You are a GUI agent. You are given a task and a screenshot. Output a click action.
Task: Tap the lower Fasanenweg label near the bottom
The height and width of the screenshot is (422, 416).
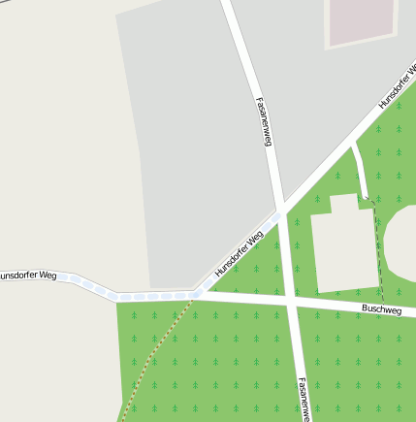[x=303, y=398]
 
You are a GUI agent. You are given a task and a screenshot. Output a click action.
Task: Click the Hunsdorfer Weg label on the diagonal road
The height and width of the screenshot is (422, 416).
[x=239, y=254]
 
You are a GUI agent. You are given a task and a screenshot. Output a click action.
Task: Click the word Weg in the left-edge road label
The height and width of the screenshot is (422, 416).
[x=47, y=276]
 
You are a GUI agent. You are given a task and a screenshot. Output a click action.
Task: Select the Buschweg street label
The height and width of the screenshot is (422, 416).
[x=381, y=309]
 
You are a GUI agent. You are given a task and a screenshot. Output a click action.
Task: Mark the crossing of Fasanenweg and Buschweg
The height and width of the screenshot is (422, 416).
[x=290, y=305]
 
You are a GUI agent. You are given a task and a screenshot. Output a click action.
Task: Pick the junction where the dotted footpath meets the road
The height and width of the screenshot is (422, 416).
[x=194, y=298]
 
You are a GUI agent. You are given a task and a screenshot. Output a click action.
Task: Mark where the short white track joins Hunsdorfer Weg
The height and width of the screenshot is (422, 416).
[x=352, y=146]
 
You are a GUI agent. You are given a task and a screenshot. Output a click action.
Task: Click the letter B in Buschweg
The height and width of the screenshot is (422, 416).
[x=364, y=309]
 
